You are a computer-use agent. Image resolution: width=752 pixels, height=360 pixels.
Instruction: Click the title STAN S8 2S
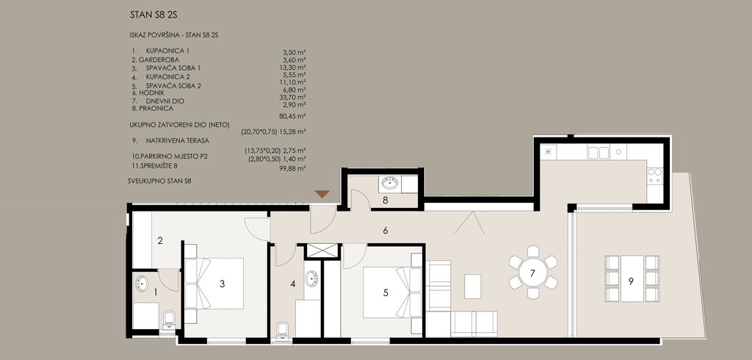[153, 15]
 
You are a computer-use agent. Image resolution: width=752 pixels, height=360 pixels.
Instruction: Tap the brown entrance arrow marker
[322, 194]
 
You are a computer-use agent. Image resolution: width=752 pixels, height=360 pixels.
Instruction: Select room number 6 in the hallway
[385, 231]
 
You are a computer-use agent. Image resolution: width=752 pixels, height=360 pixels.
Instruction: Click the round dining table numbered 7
[533, 272]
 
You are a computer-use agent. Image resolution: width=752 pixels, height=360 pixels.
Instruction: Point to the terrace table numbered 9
[632, 278]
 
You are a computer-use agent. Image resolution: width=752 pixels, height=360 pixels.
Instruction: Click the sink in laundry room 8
[390, 183]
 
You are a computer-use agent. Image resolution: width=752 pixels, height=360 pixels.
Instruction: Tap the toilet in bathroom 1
[170, 320]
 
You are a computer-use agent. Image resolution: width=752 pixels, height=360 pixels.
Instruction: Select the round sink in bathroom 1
[142, 284]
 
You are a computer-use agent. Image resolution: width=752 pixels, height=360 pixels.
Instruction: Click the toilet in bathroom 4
[283, 330]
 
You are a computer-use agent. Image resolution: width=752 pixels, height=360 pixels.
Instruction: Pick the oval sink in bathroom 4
[311, 278]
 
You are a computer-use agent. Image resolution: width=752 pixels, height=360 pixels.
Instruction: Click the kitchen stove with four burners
[654, 176]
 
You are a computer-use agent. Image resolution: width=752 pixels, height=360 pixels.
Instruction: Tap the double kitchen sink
[598, 153]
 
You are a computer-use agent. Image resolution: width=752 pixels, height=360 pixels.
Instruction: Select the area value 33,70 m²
[292, 97]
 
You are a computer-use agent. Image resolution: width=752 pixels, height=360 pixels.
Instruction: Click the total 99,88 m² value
[292, 168]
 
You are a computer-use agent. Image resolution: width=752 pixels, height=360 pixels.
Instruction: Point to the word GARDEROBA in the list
[159, 60]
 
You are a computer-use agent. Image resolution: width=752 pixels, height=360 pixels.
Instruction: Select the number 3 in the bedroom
[222, 284]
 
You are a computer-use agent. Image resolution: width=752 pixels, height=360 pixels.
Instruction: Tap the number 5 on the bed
[386, 292]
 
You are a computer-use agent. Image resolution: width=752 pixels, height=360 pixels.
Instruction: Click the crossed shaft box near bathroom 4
[322, 251]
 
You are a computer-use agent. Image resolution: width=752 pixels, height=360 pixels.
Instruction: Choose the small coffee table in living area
[473, 286]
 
